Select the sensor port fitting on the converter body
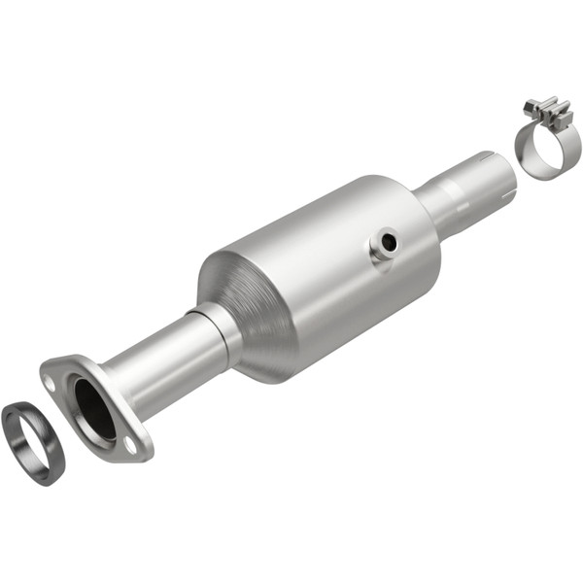pos(384,245)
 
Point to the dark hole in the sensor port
pos(389,242)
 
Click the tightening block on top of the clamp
pos(550,112)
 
